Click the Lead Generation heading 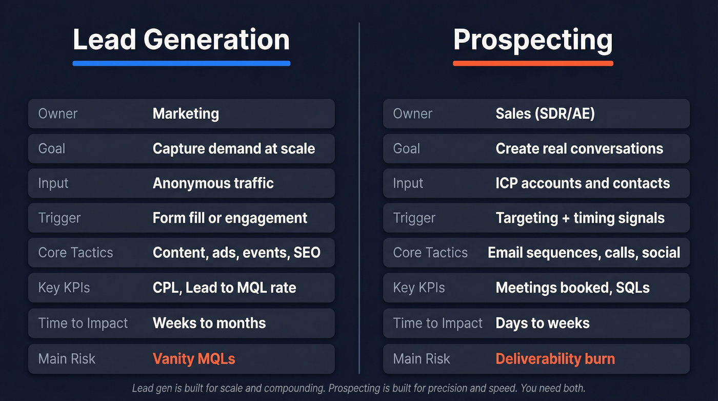pyautogui.click(x=181, y=40)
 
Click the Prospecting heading pyautogui.click(x=533, y=40)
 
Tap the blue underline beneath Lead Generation pyautogui.click(x=181, y=63)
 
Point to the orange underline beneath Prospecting pyautogui.click(x=533, y=63)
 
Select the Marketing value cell pyautogui.click(x=186, y=113)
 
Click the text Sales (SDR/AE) pyautogui.click(x=545, y=113)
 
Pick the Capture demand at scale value pyautogui.click(x=234, y=148)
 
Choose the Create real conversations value pyautogui.click(x=579, y=148)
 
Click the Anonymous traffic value pyautogui.click(x=213, y=183)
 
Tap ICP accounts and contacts pyautogui.click(x=583, y=183)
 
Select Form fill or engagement pyautogui.click(x=230, y=218)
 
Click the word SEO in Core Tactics pyautogui.click(x=307, y=253)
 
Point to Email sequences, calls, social pyautogui.click(x=584, y=253)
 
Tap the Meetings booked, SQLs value pyautogui.click(x=572, y=288)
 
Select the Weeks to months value pyautogui.click(x=209, y=323)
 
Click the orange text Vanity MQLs pyautogui.click(x=194, y=358)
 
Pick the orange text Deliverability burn pyautogui.click(x=555, y=358)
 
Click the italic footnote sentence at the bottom pyautogui.click(x=358, y=388)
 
